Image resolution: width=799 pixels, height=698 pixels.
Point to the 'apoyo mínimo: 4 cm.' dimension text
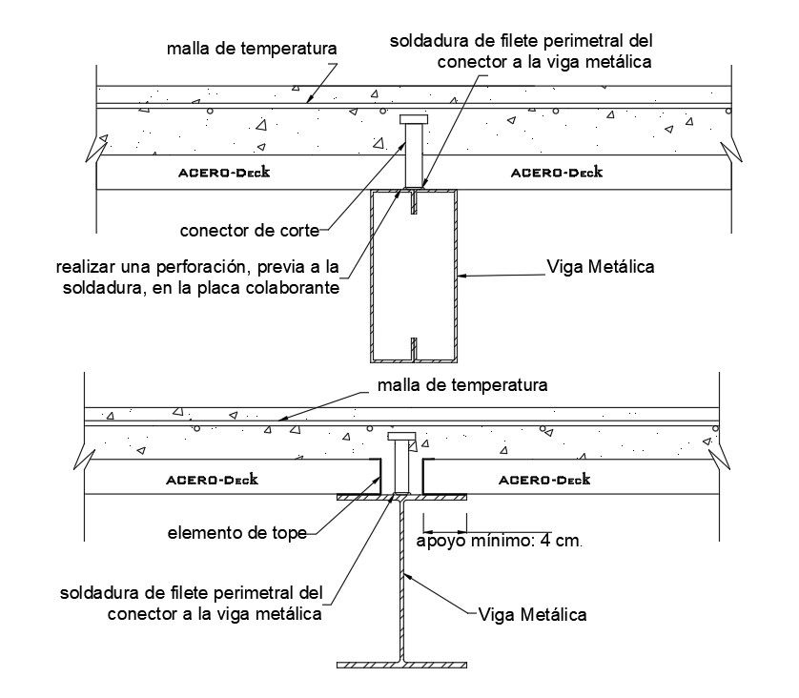[498, 540]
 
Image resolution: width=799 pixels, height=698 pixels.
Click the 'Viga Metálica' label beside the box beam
[601, 266]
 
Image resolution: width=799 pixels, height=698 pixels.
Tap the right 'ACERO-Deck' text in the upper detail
[556, 173]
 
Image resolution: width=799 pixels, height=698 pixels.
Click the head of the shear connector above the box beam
[414, 120]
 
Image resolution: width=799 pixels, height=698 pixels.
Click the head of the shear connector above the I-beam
[401, 437]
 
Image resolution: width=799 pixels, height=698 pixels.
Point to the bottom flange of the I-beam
[401, 664]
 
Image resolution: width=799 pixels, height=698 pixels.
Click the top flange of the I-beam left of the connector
[362, 497]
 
